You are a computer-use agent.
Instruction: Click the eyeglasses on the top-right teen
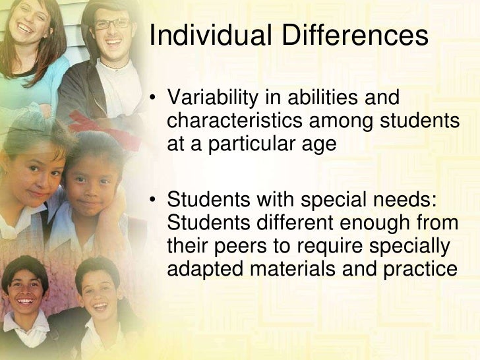click(111, 24)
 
